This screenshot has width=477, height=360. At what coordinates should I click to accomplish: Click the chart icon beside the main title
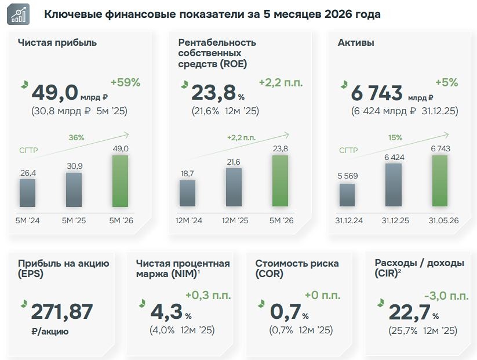(18, 14)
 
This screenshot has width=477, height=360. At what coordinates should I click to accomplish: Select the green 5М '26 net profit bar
(120, 181)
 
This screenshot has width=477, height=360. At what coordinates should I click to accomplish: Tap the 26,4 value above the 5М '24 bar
(28, 173)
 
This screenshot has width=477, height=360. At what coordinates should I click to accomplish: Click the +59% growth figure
(125, 82)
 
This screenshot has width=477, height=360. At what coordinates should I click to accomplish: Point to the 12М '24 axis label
(188, 220)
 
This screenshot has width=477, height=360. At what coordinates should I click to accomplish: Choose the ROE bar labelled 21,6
(234, 187)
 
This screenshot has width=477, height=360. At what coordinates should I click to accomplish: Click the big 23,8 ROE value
(213, 93)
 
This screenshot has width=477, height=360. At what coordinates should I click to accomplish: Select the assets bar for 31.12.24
(347, 195)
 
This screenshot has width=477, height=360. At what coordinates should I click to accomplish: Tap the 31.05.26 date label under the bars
(443, 220)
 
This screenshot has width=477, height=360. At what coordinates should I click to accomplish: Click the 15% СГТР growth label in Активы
(395, 137)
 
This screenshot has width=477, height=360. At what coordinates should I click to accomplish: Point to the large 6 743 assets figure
(377, 93)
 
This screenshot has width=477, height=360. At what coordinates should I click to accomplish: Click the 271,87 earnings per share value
(62, 311)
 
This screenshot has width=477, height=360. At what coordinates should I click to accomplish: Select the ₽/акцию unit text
(50, 331)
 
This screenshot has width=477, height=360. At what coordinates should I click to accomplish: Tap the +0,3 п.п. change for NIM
(208, 295)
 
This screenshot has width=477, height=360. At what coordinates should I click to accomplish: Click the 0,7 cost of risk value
(285, 311)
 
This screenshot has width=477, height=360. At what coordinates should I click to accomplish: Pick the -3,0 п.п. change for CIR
(446, 296)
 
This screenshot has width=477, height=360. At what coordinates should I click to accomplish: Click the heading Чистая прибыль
(57, 42)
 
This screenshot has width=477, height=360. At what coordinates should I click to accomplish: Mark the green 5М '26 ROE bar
(280, 181)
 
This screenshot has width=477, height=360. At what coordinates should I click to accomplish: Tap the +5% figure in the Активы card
(447, 82)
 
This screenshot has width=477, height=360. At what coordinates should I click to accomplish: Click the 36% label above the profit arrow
(77, 137)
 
